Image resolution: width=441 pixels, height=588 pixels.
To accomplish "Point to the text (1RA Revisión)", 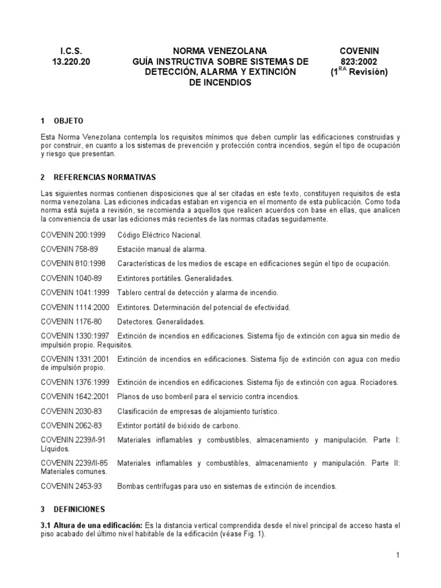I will [359, 72].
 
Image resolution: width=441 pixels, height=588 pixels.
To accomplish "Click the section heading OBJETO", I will [68, 121].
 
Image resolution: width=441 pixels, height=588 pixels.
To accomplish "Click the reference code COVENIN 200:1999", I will [72, 235].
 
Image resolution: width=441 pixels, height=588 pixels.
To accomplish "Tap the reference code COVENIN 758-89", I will [67, 249].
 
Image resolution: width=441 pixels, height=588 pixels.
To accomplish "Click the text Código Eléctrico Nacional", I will [159, 235].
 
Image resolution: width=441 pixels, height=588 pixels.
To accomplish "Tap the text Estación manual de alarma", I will [161, 249].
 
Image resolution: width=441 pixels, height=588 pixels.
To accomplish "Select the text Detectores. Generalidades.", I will [161, 322].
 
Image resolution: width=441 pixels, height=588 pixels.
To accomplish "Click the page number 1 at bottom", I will [397, 555].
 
